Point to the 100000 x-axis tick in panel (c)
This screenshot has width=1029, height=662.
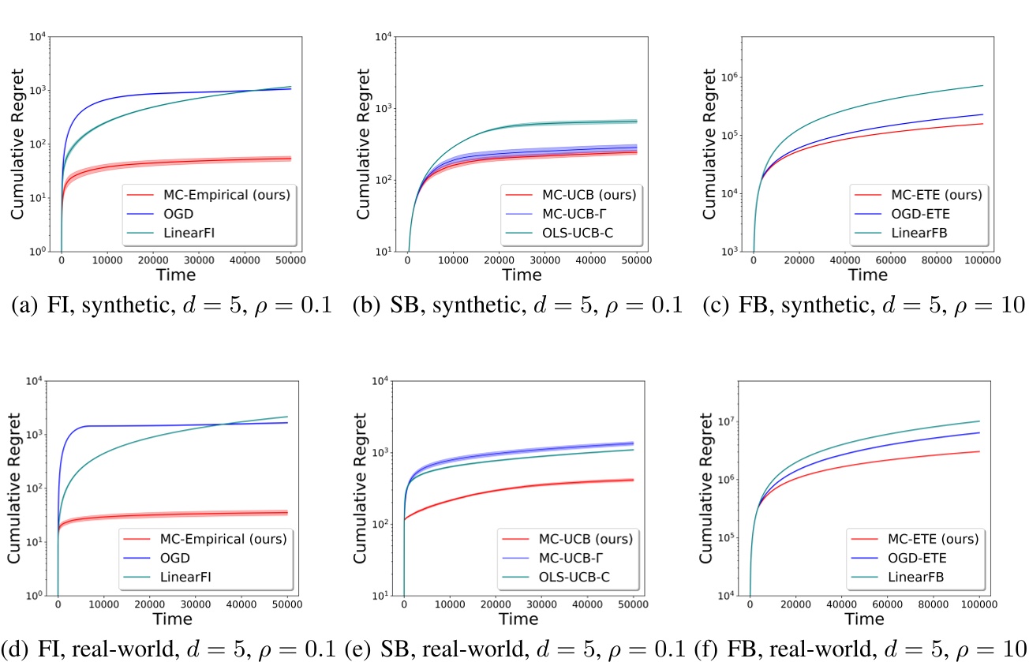point(982,261)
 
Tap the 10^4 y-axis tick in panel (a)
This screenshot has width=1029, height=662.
point(36,36)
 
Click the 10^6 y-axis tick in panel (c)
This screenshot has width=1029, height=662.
point(730,78)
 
